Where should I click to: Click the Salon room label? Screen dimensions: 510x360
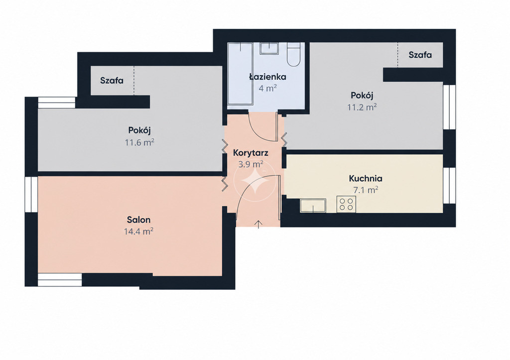click(138, 220)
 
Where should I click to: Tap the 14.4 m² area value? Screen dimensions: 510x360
click(138, 231)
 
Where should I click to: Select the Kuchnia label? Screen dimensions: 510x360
click(366, 178)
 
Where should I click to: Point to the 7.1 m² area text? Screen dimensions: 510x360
click(366, 190)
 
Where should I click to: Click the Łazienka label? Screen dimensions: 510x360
click(267, 77)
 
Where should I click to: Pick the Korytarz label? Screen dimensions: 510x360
click(251, 152)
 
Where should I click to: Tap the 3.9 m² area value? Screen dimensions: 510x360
click(251, 164)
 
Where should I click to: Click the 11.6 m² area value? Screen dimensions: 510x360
click(139, 142)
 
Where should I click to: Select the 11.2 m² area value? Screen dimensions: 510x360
click(362, 107)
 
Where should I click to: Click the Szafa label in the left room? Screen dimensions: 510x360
click(112, 80)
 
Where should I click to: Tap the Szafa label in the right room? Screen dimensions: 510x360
click(420, 55)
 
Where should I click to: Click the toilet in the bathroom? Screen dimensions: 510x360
click(295, 54)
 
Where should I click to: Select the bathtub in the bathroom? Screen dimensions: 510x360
click(241, 74)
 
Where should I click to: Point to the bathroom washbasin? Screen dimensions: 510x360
click(269, 48)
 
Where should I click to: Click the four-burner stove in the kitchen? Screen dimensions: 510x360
click(346, 205)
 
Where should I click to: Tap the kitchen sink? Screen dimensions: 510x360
click(313, 206)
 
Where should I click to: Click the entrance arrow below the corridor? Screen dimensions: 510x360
click(258, 224)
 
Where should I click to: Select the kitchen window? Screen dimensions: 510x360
click(449, 186)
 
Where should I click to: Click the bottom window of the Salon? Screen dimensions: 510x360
click(60, 280)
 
